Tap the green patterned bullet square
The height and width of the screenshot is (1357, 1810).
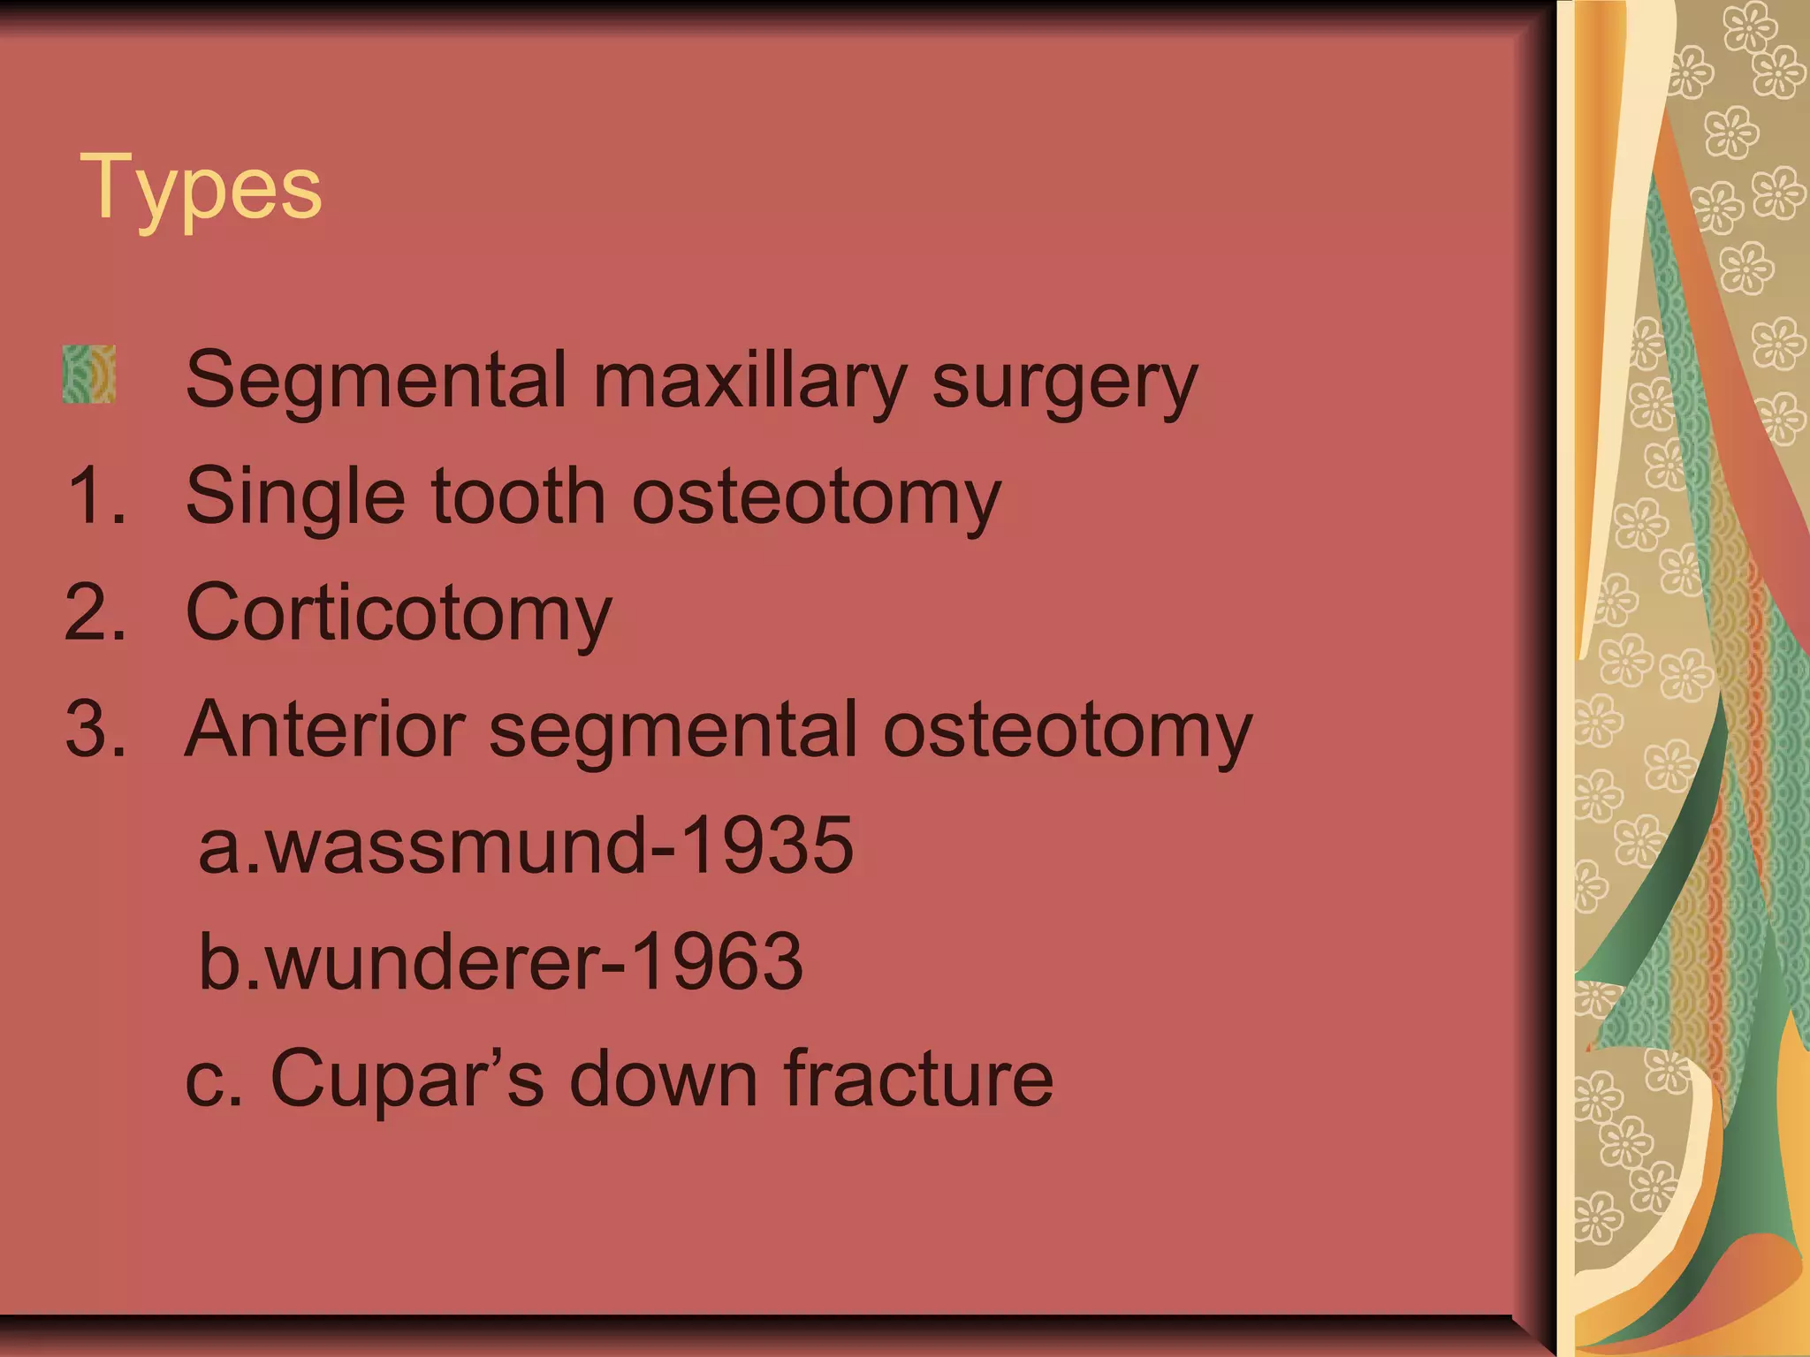pos(89,375)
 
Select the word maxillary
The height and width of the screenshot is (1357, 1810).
pos(749,382)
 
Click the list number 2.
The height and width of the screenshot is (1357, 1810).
pos(95,612)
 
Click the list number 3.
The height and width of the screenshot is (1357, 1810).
pos(95,729)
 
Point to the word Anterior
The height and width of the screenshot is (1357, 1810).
pos(324,730)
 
